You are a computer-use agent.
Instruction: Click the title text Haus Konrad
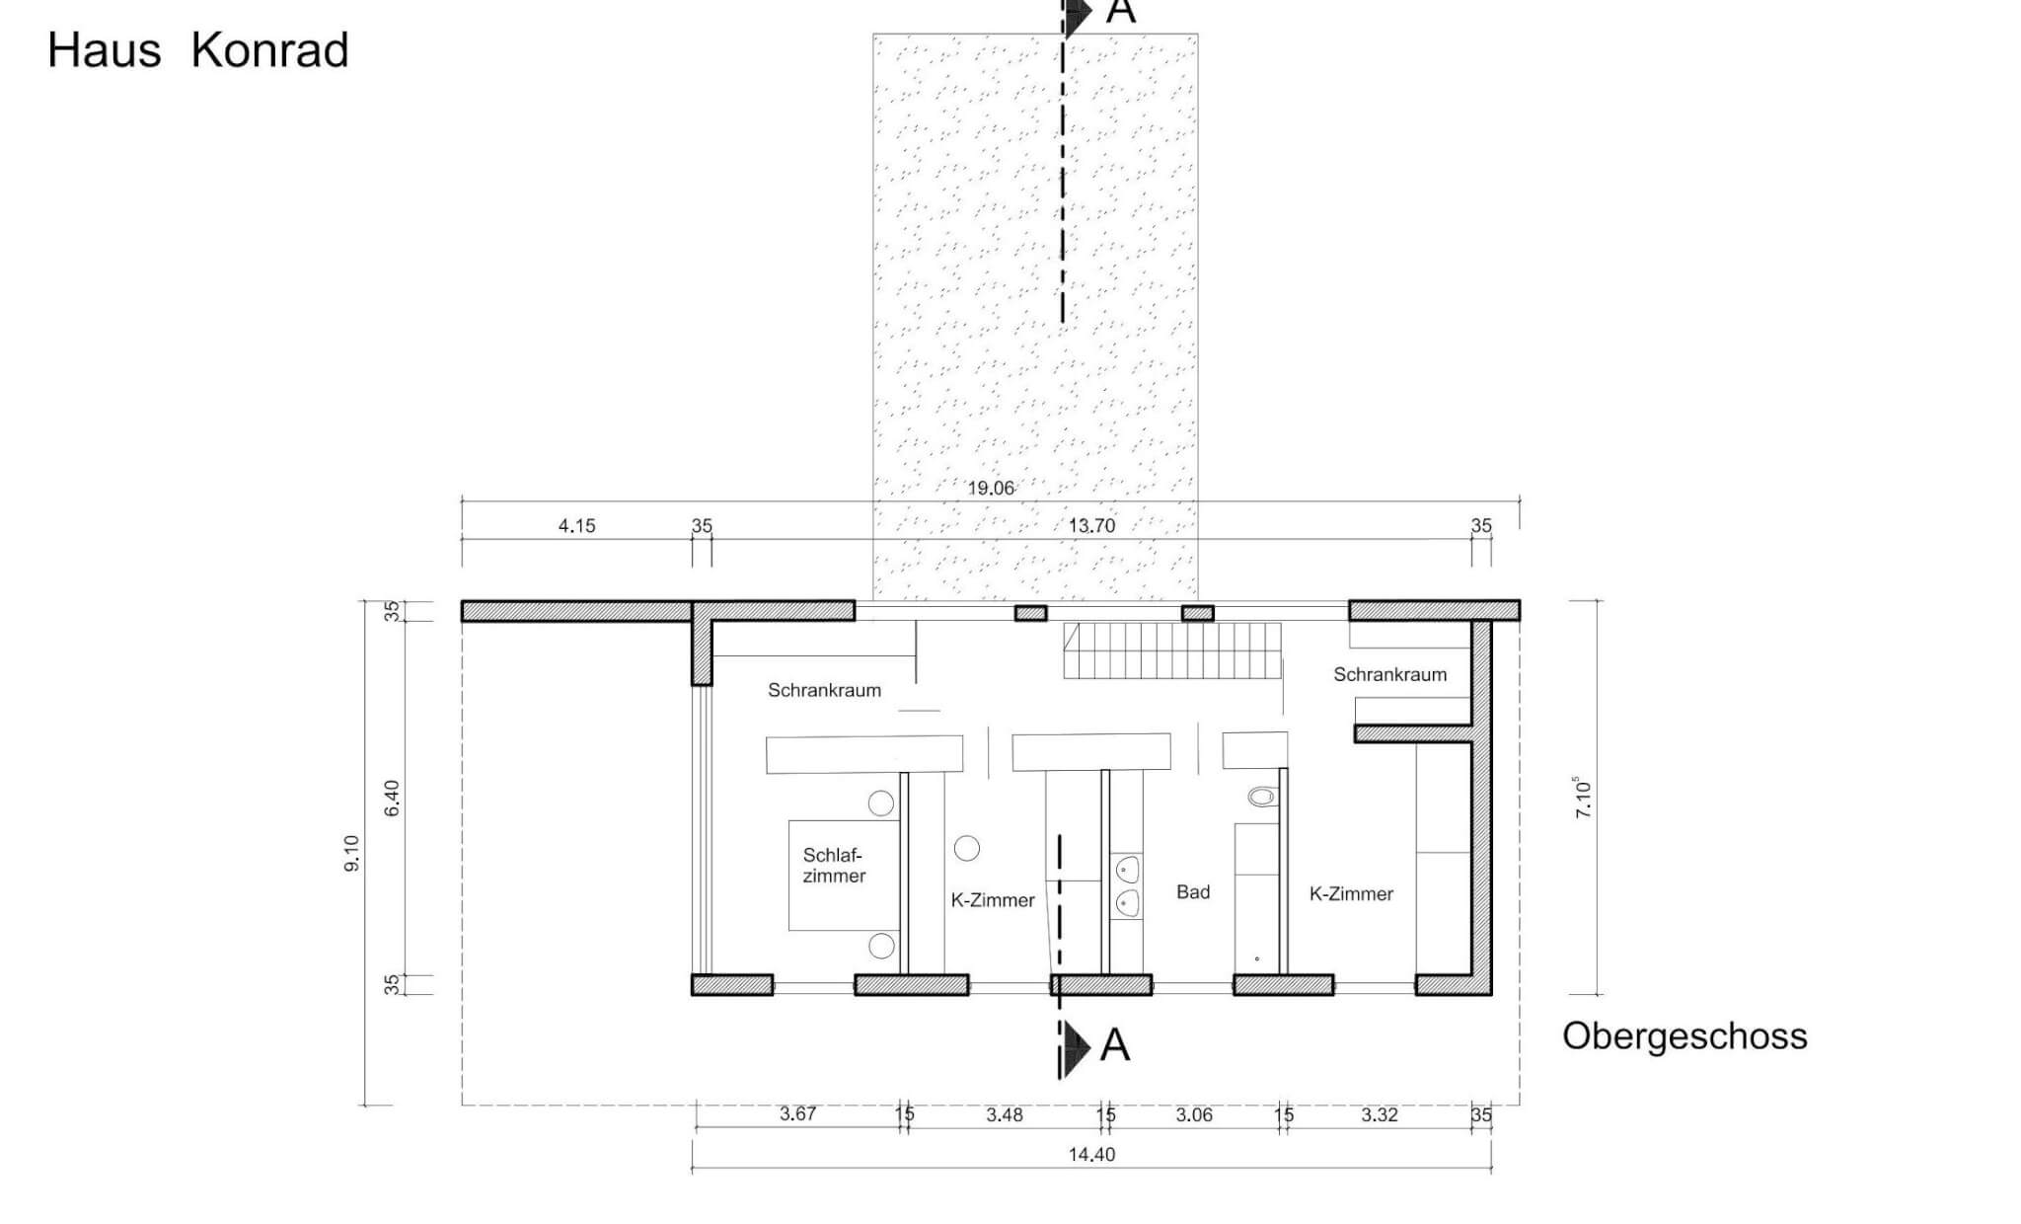pos(198,50)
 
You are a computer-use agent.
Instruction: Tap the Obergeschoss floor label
pos(1684,1036)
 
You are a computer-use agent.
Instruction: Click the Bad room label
pos(1192,892)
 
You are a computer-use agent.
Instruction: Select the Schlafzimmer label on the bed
pos(834,866)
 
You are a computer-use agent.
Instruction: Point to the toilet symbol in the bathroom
pos(1260,796)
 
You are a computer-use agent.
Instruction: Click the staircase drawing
pos(1171,650)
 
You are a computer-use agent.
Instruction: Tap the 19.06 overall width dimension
pos(990,488)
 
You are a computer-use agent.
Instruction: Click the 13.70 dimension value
pos(1091,526)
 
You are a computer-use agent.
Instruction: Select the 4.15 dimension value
pos(576,526)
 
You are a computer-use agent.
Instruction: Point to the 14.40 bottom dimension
pos(1091,1155)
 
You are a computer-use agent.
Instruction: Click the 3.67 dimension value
pos(797,1114)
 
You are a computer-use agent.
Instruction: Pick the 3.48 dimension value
pos(1004,1115)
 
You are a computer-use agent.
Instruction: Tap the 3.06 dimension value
pos(1194,1115)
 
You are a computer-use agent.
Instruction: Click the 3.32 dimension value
pos(1379,1115)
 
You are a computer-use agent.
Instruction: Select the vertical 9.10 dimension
pos(352,853)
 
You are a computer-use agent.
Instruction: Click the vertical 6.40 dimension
pos(392,798)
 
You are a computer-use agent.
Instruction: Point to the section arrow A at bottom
pos(1095,1045)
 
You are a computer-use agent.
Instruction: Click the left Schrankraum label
pos(824,691)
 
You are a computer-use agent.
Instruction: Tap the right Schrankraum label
pos(1389,675)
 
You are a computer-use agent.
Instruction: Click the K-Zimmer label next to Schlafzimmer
pos(992,900)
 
